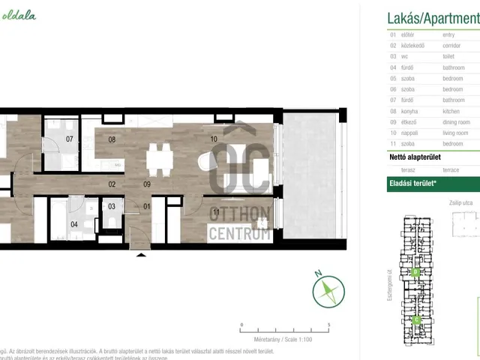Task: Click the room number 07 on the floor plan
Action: coord(69,139)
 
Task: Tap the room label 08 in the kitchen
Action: coord(112,139)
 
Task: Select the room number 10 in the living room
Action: coord(214,139)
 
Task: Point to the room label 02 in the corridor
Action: coord(112,184)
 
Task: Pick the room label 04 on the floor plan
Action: coord(74,223)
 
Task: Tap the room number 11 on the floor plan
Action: coord(215,211)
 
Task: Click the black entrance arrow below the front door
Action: coord(140,256)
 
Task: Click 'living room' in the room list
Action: coord(457,132)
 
